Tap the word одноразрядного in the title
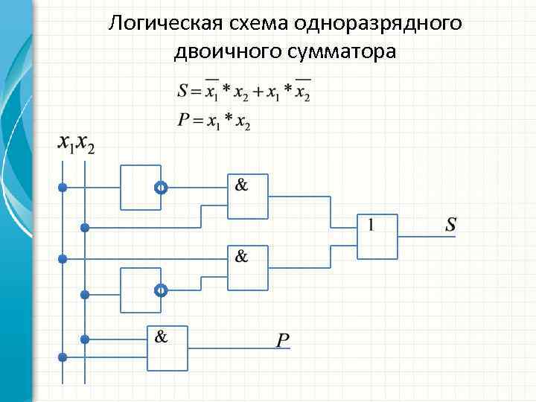[377, 23]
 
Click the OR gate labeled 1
[377, 237]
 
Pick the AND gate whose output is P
[167, 348]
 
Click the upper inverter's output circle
[160, 188]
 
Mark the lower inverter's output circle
[160, 290]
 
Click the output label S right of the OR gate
[450, 223]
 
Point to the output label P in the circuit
[283, 340]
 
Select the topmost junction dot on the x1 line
[63, 188]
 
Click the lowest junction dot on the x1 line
[63, 357]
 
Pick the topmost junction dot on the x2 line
[85, 226]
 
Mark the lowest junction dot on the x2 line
[85, 339]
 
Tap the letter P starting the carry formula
[183, 121]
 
